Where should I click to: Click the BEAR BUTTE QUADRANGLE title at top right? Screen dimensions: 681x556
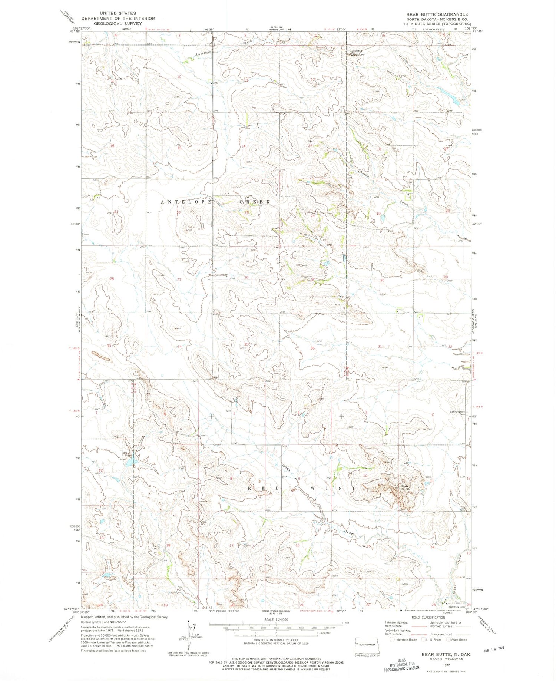coord(437,14)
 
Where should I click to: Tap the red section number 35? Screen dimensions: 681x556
coord(246,344)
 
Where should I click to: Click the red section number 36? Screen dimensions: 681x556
coord(312,348)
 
